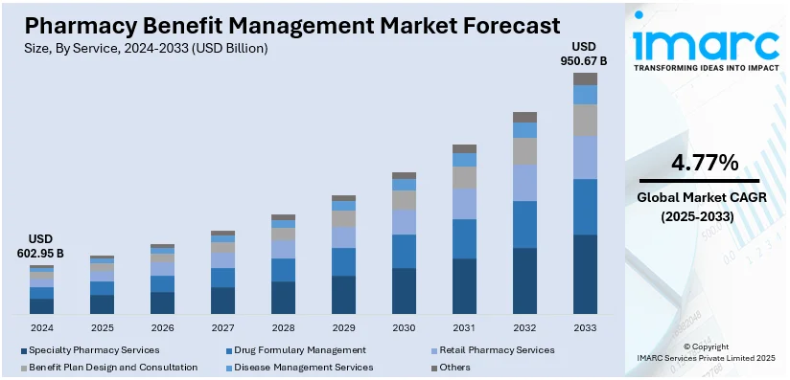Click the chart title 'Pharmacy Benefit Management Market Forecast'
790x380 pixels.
pyautogui.click(x=287, y=23)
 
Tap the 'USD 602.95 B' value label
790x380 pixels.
pyautogui.click(x=41, y=246)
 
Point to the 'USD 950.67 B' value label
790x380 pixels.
pyautogui.click(x=584, y=54)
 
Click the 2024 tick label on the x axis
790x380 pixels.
pyautogui.click(x=41, y=326)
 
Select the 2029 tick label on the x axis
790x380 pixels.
pyautogui.click(x=343, y=326)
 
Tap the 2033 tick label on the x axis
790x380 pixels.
pyautogui.click(x=585, y=326)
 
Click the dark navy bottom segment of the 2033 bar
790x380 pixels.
pyautogui.click(x=585, y=275)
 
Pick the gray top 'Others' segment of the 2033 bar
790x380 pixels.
pyautogui.click(x=585, y=78)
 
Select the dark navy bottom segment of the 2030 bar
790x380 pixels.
pyautogui.click(x=404, y=291)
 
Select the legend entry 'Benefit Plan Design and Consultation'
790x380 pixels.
pyautogui.click(x=113, y=367)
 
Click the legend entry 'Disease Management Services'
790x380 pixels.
pyautogui.click(x=298, y=367)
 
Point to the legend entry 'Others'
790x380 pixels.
pyautogui.click(x=456, y=367)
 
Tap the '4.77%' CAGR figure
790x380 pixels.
pyautogui.click(x=704, y=162)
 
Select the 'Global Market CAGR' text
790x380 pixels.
pyautogui.click(x=704, y=198)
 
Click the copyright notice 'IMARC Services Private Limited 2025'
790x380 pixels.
pyautogui.click(x=705, y=357)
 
